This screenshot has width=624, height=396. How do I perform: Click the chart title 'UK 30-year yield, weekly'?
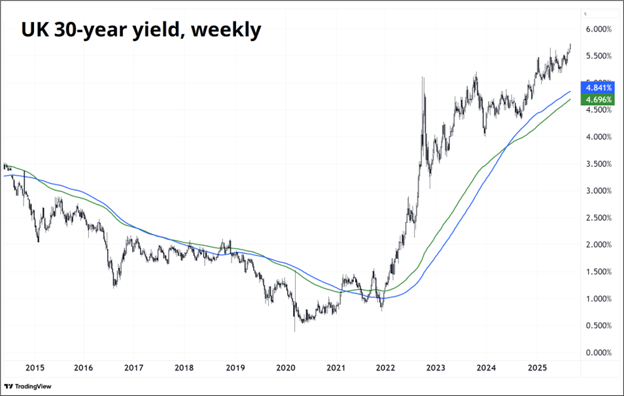pos(141,29)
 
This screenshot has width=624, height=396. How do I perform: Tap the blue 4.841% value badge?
pos(598,88)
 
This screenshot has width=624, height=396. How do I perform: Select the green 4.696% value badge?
pos(598,100)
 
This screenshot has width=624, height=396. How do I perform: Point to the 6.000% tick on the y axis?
pos(598,29)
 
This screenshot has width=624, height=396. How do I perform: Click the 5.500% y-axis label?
pos(598,56)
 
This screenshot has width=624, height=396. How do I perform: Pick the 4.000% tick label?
pos(598,137)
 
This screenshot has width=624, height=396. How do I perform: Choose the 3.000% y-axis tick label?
pos(598,191)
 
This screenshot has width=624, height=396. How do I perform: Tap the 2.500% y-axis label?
pos(598,218)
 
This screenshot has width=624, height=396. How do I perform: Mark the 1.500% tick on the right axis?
pos(598,272)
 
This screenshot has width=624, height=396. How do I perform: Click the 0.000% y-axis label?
pos(598,353)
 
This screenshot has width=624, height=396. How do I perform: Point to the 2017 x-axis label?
pos(133,369)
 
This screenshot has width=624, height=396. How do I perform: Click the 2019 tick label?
pos(234,369)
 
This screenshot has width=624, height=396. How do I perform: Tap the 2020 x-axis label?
pos(286,369)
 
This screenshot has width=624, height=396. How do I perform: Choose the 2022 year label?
pos(385,369)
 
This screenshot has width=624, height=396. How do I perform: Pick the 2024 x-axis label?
pos(486,369)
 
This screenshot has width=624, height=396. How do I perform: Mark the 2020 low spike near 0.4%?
pos(294,330)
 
